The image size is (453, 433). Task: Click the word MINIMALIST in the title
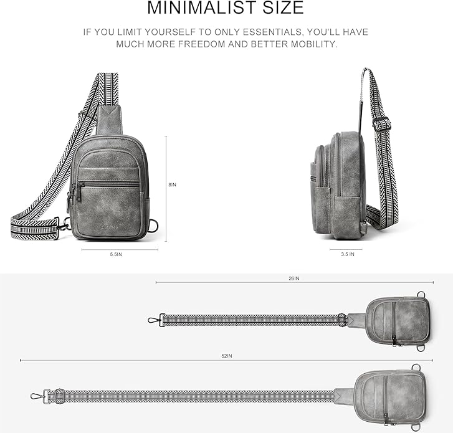pos(203,7)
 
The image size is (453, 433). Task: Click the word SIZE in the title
pos(283,7)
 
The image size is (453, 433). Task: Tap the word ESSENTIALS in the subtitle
pos(273,32)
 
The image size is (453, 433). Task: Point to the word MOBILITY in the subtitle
pos(314,44)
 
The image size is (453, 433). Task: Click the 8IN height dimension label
pos(172,184)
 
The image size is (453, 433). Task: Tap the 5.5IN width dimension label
pos(116,254)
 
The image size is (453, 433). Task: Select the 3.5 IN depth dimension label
pos(348,254)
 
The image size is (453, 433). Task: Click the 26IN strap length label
pos(294,278)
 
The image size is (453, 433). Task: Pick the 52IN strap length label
pos(227,356)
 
